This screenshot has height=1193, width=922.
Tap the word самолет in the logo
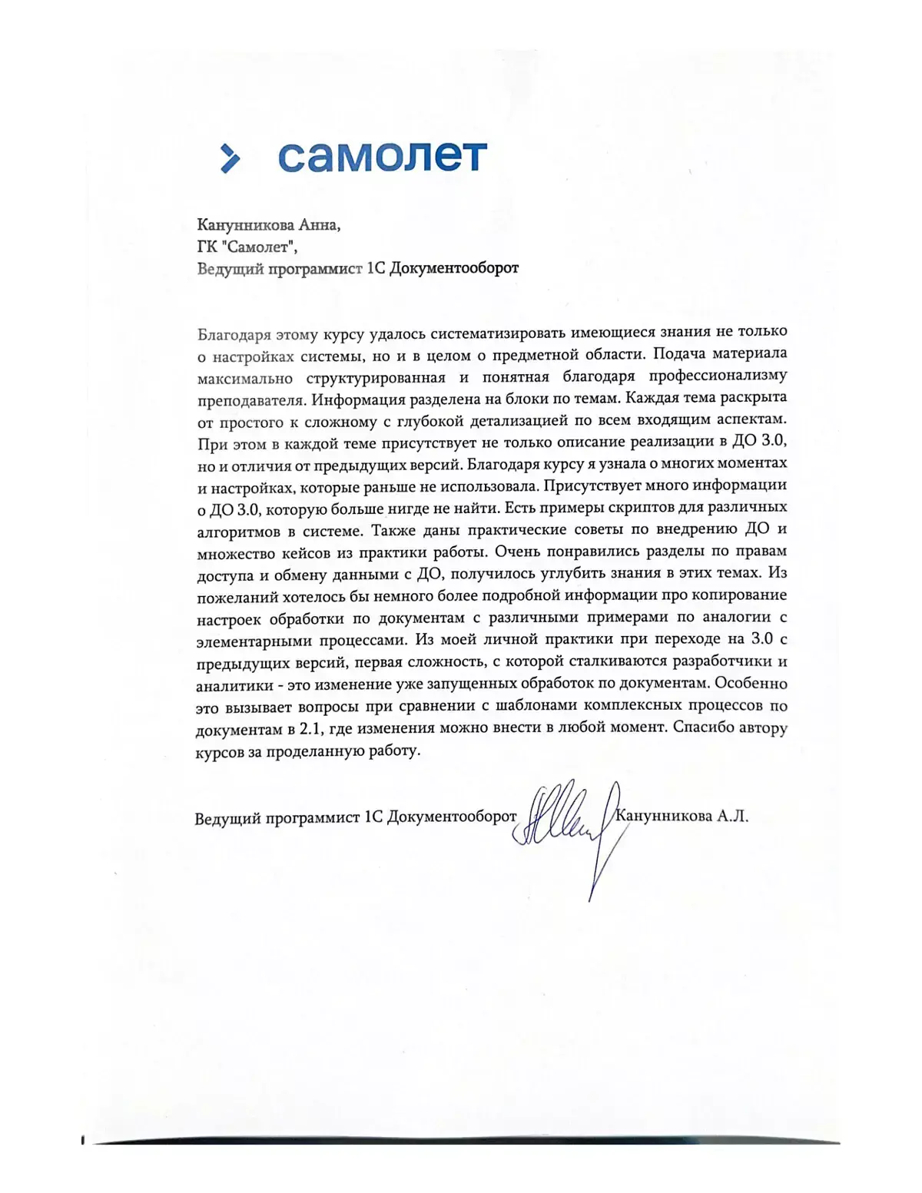pos(382,156)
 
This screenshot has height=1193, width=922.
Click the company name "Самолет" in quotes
pos(263,247)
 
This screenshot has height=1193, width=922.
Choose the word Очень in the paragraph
pos(519,552)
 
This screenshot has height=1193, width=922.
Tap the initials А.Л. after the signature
pos(733,817)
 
